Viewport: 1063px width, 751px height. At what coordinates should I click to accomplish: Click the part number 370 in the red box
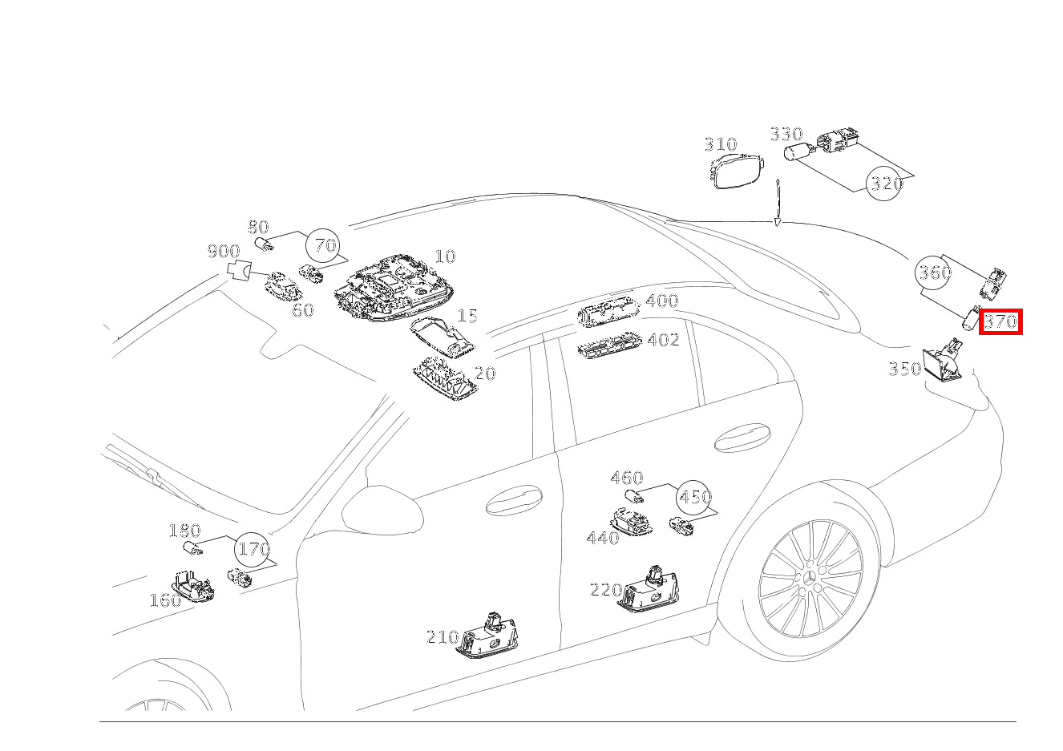click(x=1000, y=321)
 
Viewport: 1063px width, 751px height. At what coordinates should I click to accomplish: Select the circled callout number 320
click(x=884, y=183)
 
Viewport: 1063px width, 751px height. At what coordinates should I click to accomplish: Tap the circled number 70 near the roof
click(x=324, y=245)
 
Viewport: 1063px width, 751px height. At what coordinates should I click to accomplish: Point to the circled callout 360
click(x=933, y=273)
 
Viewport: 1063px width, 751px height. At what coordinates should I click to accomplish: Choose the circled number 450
click(x=694, y=497)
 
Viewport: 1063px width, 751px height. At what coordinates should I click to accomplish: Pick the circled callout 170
click(x=253, y=549)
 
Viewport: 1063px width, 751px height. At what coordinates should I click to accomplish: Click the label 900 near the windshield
click(x=224, y=251)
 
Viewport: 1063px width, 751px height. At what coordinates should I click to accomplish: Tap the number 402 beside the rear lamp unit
click(x=664, y=340)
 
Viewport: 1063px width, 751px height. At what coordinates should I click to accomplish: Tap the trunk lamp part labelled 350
click(x=943, y=360)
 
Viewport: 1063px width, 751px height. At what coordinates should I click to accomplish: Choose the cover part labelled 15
click(x=443, y=337)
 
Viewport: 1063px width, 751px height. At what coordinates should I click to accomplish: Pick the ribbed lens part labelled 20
click(x=443, y=380)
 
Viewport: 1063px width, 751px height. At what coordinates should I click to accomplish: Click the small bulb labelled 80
click(x=264, y=244)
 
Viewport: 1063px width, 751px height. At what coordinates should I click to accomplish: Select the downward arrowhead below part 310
click(x=778, y=222)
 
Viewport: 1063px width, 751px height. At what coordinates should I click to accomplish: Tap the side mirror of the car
click(x=382, y=510)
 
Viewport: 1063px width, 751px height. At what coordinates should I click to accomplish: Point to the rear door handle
click(x=742, y=437)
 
